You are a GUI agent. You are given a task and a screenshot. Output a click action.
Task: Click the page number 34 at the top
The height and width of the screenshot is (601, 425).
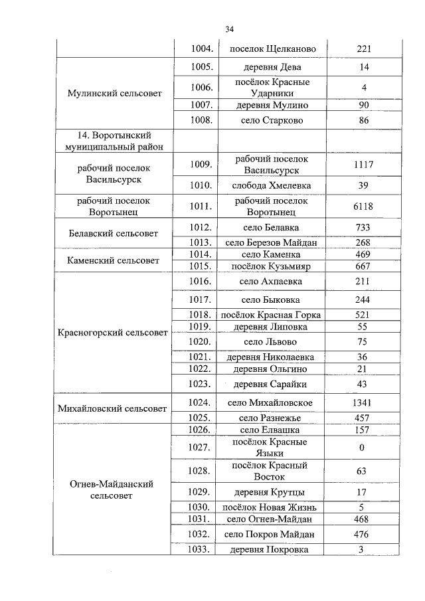pyautogui.click(x=229, y=29)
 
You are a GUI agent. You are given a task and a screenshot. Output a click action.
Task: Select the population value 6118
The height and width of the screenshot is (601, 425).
pyautogui.click(x=363, y=207)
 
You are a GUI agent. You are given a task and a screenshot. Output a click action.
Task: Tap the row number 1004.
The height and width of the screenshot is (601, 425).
pyautogui.click(x=201, y=49)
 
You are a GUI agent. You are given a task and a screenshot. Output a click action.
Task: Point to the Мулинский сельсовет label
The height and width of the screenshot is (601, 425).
pyautogui.click(x=114, y=94)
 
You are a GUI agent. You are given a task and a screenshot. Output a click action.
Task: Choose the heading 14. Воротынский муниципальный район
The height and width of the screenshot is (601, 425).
pyautogui.click(x=114, y=141)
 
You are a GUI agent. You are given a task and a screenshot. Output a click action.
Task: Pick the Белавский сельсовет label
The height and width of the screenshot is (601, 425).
pyautogui.click(x=114, y=234)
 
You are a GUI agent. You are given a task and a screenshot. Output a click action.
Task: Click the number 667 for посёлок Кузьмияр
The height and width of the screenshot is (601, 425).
pyautogui.click(x=363, y=266)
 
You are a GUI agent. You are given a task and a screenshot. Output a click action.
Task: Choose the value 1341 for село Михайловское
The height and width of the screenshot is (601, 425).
pyautogui.click(x=363, y=402)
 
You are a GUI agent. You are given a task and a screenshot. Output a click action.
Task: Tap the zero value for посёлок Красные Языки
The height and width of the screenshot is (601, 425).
pyautogui.click(x=363, y=448)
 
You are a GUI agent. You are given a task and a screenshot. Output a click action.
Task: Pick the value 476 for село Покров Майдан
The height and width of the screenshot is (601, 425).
pyautogui.click(x=363, y=534)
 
